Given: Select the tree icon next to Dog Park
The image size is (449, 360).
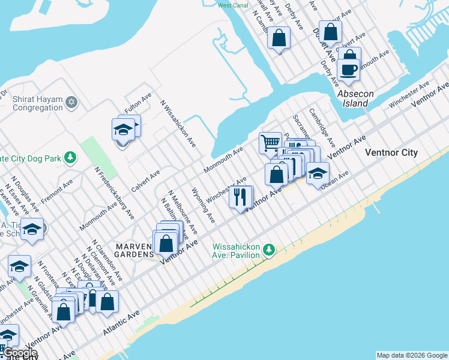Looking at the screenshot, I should tap(71, 157).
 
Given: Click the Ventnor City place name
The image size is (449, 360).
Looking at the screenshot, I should tap(391, 153).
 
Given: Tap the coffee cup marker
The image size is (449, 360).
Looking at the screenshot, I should tap(348, 70).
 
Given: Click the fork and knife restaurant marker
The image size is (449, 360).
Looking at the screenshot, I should tap(240, 197).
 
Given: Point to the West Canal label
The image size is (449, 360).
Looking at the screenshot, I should tap(233, 5).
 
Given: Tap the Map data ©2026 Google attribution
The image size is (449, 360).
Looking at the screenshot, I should tap(411, 355).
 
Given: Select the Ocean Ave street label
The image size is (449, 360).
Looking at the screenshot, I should tap(335, 178).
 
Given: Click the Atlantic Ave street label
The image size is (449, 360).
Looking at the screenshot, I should tap(121, 323).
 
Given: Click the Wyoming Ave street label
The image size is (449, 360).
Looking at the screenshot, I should tap(203, 205).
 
